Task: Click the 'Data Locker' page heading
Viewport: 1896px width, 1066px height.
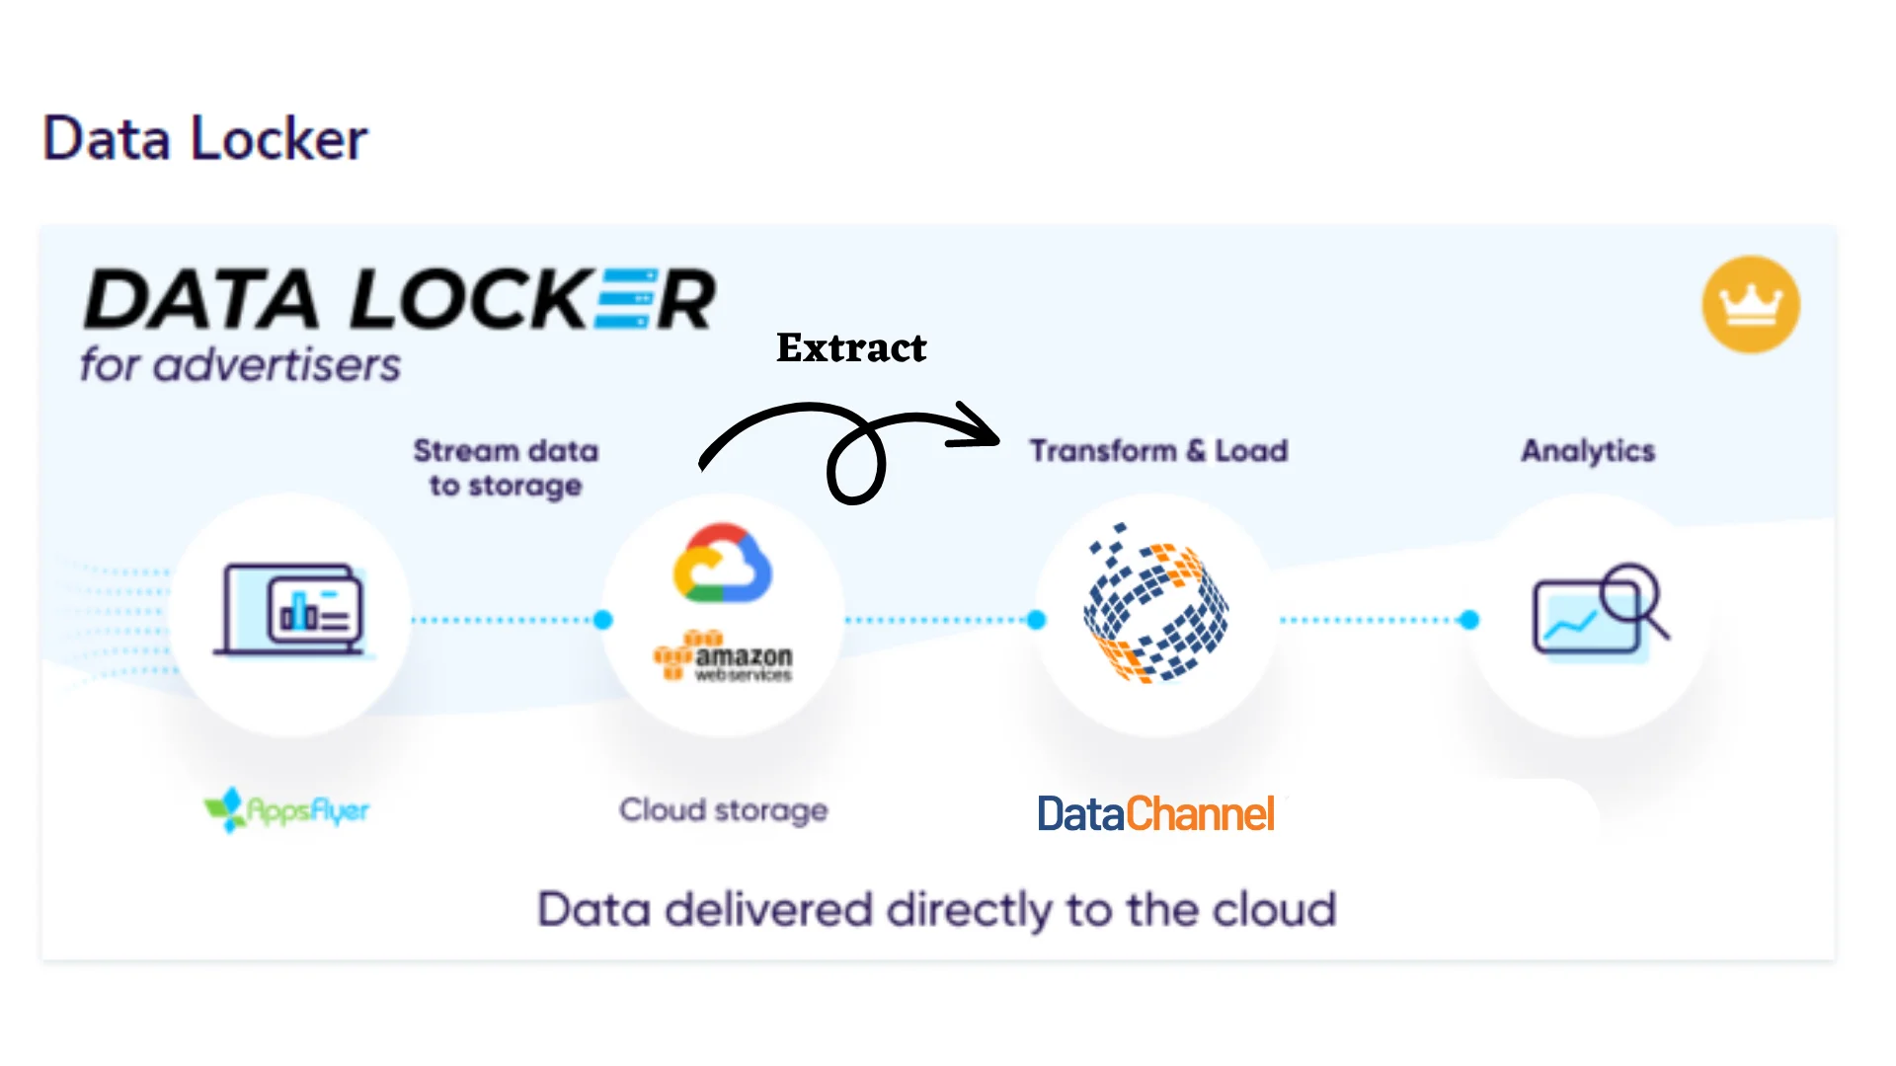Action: pyautogui.click(x=205, y=138)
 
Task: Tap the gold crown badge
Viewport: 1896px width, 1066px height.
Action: pyautogui.click(x=1750, y=304)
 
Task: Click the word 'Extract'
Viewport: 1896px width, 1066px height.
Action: pyautogui.click(x=851, y=347)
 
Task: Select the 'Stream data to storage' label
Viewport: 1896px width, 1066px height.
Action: pyautogui.click(x=506, y=468)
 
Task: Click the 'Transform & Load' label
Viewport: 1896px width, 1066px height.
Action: pyautogui.click(x=1158, y=451)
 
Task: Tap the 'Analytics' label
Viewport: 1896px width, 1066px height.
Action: pyautogui.click(x=1588, y=451)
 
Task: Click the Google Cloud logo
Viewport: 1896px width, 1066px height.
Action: pyautogui.click(x=722, y=564)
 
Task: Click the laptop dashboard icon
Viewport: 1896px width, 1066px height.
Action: pyautogui.click(x=291, y=611)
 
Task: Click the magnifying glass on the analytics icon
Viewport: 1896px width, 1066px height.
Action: pyautogui.click(x=1631, y=594)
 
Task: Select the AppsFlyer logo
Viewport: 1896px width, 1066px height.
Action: pyautogui.click(x=286, y=810)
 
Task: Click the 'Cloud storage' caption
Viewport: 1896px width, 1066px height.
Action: pyautogui.click(x=724, y=810)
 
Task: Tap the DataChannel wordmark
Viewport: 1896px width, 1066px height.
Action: pyautogui.click(x=1155, y=814)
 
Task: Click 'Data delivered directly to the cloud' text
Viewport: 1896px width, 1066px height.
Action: pyautogui.click(x=936, y=909)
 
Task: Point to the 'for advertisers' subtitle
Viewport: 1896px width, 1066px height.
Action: pyautogui.click(x=240, y=365)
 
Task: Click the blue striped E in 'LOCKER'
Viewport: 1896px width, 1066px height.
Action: pyautogui.click(x=625, y=299)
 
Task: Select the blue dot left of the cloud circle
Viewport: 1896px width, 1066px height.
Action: pyautogui.click(x=603, y=620)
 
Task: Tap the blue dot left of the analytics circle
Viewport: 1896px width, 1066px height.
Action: pyautogui.click(x=1469, y=620)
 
